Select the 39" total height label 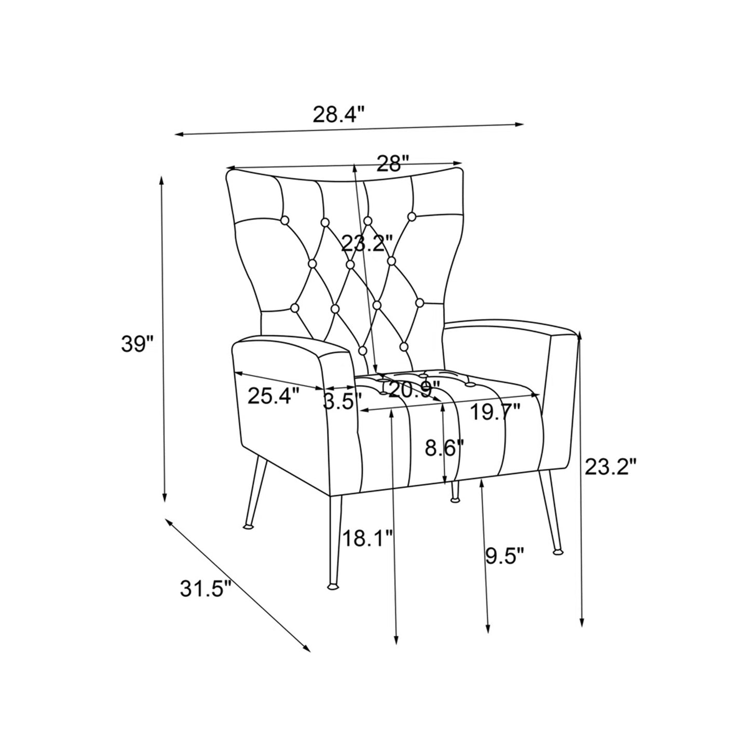coord(138,344)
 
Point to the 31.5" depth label coord(204,588)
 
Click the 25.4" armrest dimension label coord(274,397)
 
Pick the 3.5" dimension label coord(342,401)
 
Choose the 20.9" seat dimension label coord(414,389)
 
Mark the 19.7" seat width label coord(495,413)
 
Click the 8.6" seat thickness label coord(444,447)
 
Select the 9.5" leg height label coord(504,558)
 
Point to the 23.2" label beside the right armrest coord(610,467)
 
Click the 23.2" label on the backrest coord(367,243)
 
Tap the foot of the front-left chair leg coord(331,587)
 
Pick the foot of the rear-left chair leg coord(249,526)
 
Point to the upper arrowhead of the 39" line coord(161,180)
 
